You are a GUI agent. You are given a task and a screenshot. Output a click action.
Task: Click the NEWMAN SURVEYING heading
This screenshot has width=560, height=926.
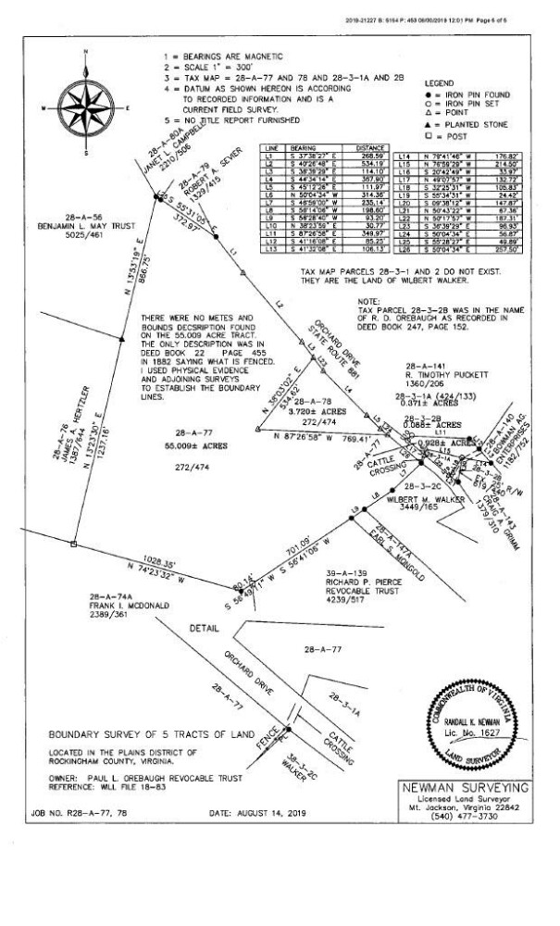tap(467, 787)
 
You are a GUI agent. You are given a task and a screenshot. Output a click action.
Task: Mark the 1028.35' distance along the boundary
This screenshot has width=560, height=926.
tap(151, 561)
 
